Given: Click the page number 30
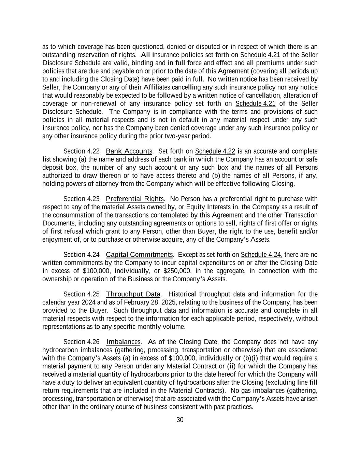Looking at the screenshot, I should coord(180,420).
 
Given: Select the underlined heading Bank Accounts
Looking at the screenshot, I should coord(129,151).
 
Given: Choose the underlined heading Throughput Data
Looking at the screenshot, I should coord(133,294).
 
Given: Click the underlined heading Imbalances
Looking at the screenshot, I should coord(123,342).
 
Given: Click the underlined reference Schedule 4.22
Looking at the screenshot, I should coord(215,151).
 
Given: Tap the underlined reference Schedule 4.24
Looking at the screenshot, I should coord(261,255).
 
